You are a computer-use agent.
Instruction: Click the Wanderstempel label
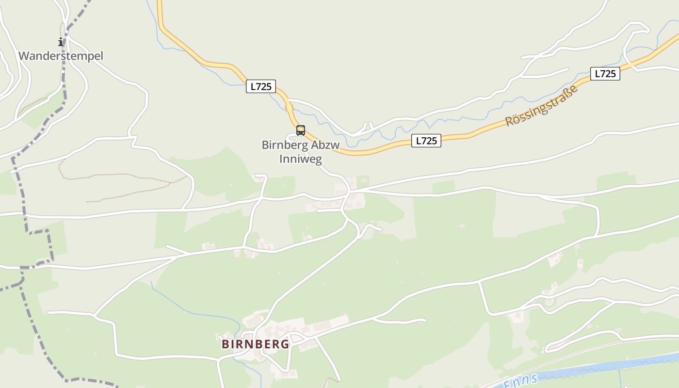point(61,56)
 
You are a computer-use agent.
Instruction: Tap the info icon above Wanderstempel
point(61,42)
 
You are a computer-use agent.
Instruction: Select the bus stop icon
point(301,130)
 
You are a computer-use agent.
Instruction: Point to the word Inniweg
point(301,159)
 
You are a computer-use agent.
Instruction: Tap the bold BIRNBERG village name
point(255,344)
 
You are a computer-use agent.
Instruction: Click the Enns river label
point(520,381)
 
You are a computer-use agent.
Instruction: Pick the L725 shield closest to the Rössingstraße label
point(605,74)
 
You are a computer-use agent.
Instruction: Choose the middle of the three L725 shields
point(426,141)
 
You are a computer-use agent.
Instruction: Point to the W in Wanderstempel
point(23,56)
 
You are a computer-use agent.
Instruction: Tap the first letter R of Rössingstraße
point(509,121)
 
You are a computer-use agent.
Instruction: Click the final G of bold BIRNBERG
point(285,344)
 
